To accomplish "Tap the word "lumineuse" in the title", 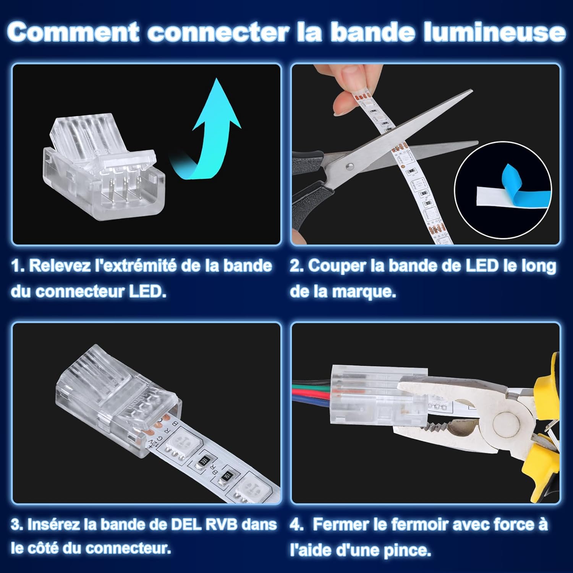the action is (x=495, y=32).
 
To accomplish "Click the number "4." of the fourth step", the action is (x=297, y=524).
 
